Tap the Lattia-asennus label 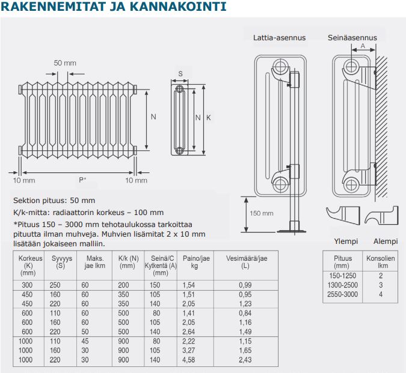pos(279,38)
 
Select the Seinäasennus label pos(352,38)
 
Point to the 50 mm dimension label pos(65,63)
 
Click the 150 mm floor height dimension pos(261,213)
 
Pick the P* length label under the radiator pos(82,180)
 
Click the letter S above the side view pos(180,74)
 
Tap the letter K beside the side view pos(209,118)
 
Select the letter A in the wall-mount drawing pos(363,46)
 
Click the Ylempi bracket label pos(346,241)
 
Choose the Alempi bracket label pos(386,241)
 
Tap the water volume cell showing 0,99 pos(244,284)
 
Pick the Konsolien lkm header pos(381,262)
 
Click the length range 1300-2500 pos(342,285)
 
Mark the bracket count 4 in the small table pos(381,294)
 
